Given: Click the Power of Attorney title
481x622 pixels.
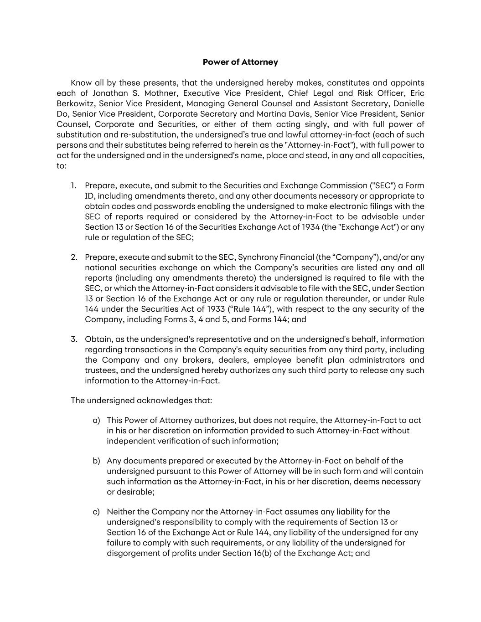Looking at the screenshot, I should pyautogui.click(x=240, y=62).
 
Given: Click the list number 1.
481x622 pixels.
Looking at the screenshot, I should pyautogui.click(x=73, y=185).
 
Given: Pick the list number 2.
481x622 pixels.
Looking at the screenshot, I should pyautogui.click(x=74, y=257).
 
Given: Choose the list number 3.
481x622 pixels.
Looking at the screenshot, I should pyautogui.click(x=74, y=339).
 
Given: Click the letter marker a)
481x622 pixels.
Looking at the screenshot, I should pyautogui.click(x=96, y=420).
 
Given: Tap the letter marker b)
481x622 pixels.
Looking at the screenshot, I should pyautogui.click(x=96, y=461).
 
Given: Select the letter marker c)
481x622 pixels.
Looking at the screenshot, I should pyautogui.click(x=96, y=512).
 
